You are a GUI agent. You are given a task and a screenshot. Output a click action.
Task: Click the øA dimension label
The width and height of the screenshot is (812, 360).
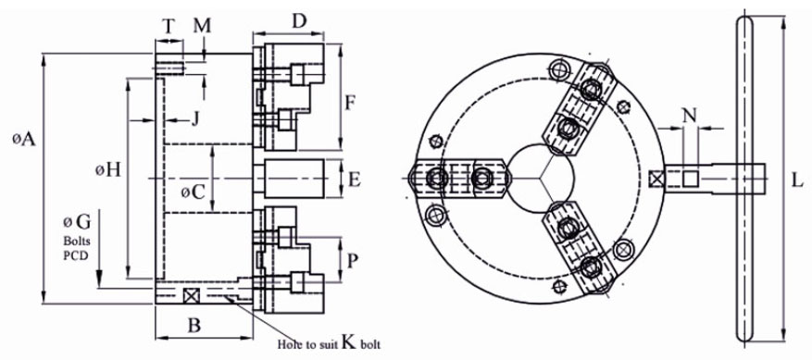point(25,138)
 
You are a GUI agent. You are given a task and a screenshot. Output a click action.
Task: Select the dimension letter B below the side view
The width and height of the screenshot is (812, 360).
point(194,326)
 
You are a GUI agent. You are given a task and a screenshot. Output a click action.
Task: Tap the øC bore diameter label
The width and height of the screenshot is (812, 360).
point(194,192)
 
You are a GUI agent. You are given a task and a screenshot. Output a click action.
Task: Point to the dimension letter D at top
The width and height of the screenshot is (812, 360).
point(299,21)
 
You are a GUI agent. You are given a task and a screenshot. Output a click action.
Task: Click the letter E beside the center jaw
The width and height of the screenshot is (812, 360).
point(355,180)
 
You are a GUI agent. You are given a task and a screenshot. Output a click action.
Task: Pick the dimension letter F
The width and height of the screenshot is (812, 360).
point(350,105)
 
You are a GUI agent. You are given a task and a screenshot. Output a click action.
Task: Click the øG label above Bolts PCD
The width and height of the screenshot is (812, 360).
point(77,222)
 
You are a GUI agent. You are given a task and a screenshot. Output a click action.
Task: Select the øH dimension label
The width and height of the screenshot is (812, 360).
point(108,169)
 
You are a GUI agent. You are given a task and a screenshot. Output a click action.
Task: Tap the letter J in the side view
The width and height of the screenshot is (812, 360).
point(195,119)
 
